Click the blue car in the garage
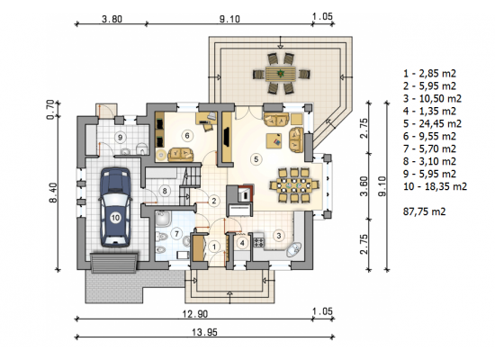[115, 207]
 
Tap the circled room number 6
[187, 136]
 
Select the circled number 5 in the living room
[256, 158]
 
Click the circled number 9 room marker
[120, 138]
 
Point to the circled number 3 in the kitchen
[279, 235]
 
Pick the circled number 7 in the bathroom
[176, 234]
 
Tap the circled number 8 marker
[165, 191]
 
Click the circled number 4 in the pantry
[242, 243]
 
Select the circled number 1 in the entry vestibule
[214, 247]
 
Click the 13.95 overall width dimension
[204, 332]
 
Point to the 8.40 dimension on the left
[53, 193]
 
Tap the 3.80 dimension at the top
[112, 19]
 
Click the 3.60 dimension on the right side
[364, 186]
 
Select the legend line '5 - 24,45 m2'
[432, 123]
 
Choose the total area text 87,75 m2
[424, 211]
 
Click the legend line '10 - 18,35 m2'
[435, 186]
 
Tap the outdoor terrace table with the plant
[281, 74]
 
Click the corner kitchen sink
[294, 249]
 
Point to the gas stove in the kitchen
[259, 242]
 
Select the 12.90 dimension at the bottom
[195, 314]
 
